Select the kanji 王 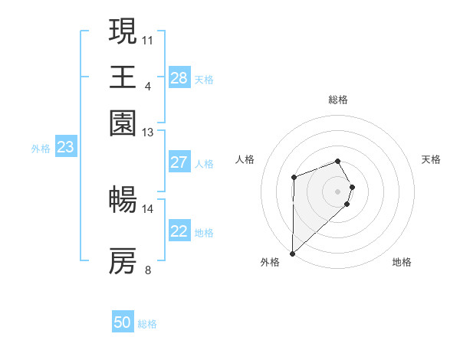pyautogui.click(x=123, y=77)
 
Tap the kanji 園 pyautogui.click(x=123, y=123)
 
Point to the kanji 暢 pyautogui.click(x=123, y=201)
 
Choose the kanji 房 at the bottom pyautogui.click(x=123, y=261)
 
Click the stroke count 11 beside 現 pyautogui.click(x=148, y=38)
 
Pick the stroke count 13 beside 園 pyautogui.click(x=148, y=133)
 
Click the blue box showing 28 pyautogui.click(x=179, y=78)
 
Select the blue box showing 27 pyautogui.click(x=179, y=162)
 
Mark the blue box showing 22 pyautogui.click(x=179, y=231)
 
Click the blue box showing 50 pyautogui.click(x=123, y=322)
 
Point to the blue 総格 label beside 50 pyautogui.click(x=147, y=324)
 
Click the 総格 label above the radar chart pyautogui.click(x=338, y=100)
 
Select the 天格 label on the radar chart pyautogui.click(x=432, y=159)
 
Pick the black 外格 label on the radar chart pyautogui.click(x=270, y=262)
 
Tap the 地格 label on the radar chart pyautogui.click(x=402, y=262)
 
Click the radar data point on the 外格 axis pyautogui.click(x=292, y=253)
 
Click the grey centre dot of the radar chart pyautogui.click(x=337, y=191)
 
